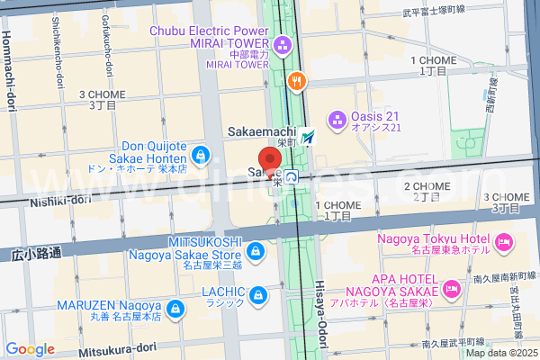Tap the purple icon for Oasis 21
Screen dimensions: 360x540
coord(337,118)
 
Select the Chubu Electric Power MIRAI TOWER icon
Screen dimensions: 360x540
coord(283,44)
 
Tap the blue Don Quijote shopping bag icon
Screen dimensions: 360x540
coord(201,155)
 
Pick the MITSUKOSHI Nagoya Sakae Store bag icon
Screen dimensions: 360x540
coord(256,249)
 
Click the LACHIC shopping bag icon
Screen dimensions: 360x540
coord(259,294)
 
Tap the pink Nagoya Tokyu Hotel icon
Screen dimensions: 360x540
coord(503,241)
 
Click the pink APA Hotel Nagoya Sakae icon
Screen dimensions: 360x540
coord(452,289)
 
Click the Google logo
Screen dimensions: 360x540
coord(30,348)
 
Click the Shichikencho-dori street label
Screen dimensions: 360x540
coord(56,45)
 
